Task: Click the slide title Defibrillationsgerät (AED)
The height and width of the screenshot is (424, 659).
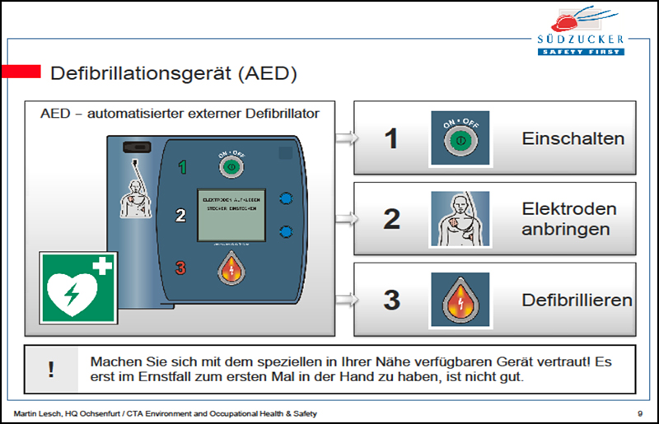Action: [x=173, y=73]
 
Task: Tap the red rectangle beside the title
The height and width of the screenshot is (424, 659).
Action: [x=21, y=72]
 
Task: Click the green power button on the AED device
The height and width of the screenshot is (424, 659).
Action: [x=231, y=166]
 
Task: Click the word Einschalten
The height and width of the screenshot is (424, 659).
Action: [x=573, y=138]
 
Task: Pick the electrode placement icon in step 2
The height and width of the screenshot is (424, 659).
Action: [x=460, y=219]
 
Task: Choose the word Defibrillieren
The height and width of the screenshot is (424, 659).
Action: [x=577, y=300]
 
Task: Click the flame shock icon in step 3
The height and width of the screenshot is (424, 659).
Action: [x=460, y=300]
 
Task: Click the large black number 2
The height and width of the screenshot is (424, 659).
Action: [x=392, y=219]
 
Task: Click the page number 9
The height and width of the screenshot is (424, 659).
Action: [x=639, y=412]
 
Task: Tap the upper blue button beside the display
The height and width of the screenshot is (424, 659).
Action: [x=286, y=198]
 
